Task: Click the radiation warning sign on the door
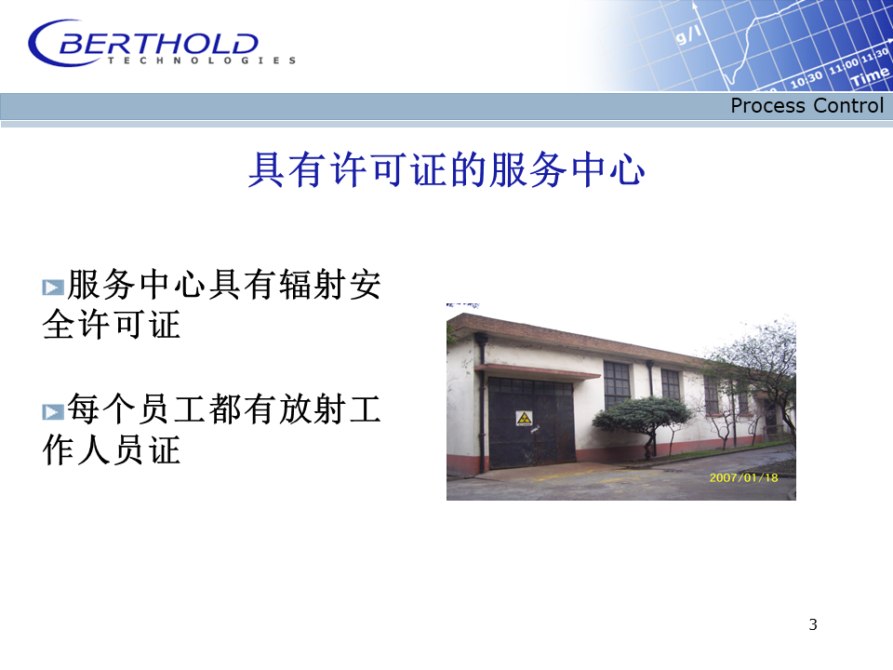[x=524, y=419]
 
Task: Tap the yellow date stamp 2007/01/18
[x=743, y=477]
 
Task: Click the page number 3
[x=813, y=624]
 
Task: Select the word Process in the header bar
[x=768, y=105]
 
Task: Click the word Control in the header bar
[x=848, y=105]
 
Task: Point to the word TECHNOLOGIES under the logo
[x=202, y=60]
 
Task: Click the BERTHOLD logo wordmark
[x=158, y=44]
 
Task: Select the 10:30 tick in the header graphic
[x=806, y=79]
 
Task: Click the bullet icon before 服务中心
[x=53, y=288]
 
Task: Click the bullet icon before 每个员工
[x=53, y=412]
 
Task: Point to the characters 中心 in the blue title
[x=607, y=169]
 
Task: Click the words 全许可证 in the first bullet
[x=112, y=325]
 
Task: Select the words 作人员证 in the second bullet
[x=112, y=450]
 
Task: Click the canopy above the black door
[x=537, y=371]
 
